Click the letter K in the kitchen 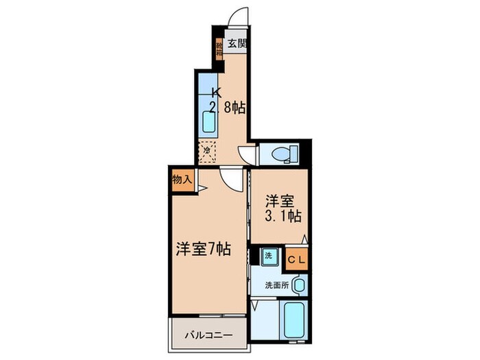tap(217, 92)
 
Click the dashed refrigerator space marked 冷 tap(207, 150)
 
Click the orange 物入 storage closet tap(181, 180)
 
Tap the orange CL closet tap(297, 259)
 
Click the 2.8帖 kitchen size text tap(227, 108)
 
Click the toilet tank tap(296, 154)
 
